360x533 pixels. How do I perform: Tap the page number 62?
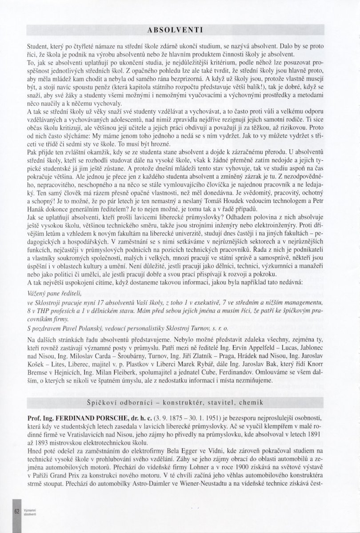[17, 511]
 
